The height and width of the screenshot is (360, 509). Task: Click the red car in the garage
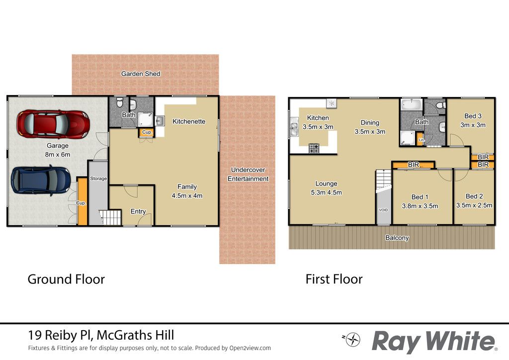(x=53, y=124)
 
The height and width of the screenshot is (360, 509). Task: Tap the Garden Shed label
(x=141, y=74)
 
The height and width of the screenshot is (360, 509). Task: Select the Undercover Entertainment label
(x=248, y=175)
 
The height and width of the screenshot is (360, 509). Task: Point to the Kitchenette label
(x=189, y=121)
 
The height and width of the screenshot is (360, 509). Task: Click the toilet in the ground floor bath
(x=119, y=102)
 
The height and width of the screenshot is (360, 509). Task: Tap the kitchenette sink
(x=160, y=121)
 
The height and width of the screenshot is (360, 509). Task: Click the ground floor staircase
(x=110, y=217)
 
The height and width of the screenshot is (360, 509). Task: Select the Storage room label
(x=98, y=179)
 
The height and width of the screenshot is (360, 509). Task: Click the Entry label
(x=138, y=211)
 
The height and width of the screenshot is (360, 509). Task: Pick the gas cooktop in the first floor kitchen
(x=314, y=148)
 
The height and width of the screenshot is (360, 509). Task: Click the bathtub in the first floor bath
(x=412, y=105)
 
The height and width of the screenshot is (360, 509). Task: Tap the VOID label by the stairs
(x=383, y=210)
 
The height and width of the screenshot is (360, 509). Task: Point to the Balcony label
(x=397, y=238)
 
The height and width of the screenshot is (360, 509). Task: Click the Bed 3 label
(x=473, y=116)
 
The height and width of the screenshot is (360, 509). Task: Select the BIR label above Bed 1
(x=414, y=165)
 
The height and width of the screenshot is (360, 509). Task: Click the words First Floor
(x=334, y=279)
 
